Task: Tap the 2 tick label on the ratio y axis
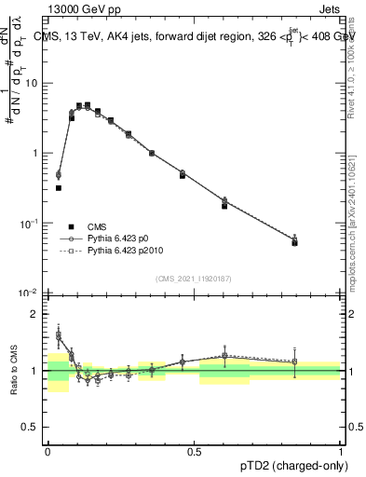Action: point(36,314)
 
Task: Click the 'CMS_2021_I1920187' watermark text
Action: point(194,279)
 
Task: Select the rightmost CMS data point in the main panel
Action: point(294,242)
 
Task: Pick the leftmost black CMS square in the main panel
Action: point(59,187)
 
